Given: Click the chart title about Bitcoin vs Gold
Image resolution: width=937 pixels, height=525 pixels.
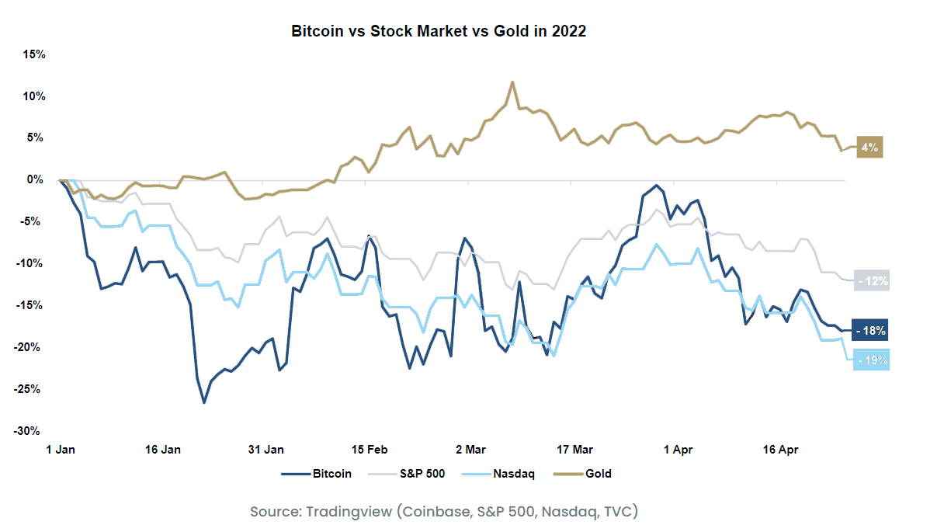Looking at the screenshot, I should point(438,32).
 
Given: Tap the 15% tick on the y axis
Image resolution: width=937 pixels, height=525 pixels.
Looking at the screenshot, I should point(35,54).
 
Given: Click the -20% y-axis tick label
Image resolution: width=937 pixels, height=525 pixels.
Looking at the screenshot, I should point(33,347).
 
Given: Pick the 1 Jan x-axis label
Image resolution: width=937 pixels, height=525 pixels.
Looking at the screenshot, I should point(60,450).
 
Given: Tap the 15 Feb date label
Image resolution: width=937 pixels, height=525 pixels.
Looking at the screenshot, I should point(370,450).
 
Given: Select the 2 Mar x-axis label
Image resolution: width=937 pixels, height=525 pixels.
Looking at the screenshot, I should point(471,450).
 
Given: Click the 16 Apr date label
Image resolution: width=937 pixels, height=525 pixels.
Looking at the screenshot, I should point(780,450).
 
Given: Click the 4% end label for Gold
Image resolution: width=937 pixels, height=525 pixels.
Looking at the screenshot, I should point(869,147).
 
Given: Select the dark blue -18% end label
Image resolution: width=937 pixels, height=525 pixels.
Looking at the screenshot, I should point(870,331).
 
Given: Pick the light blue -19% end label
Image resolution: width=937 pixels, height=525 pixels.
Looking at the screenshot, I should point(871,360).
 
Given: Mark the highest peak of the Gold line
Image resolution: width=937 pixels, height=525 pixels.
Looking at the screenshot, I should point(512,82).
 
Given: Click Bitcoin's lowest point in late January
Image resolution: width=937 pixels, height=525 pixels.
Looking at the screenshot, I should point(204,402).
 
